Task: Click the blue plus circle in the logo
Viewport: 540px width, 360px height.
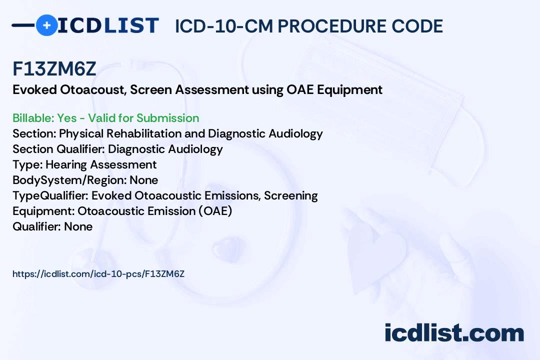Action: coord(46,25)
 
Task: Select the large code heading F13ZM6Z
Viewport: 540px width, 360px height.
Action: coord(54,68)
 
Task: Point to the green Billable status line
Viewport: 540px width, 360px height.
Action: coord(105,118)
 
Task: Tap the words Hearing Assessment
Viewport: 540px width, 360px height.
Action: coord(101,164)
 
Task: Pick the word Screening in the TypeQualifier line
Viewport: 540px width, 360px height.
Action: coord(290,195)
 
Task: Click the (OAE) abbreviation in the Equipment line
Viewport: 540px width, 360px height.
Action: coord(215,211)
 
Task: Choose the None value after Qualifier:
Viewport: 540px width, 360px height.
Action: coord(78,226)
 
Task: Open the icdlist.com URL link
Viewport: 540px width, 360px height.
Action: coord(98,274)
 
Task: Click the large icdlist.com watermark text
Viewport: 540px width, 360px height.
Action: coord(454,333)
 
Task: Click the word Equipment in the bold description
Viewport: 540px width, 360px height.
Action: coord(349,89)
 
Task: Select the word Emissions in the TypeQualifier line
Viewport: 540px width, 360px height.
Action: coord(232,195)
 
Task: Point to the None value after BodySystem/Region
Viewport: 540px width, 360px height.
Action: coord(143,180)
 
